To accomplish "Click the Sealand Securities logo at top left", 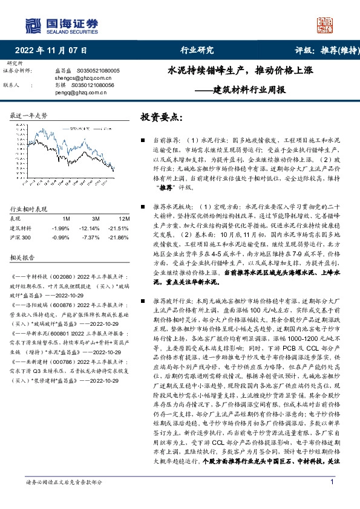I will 61,25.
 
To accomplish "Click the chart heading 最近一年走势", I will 29,115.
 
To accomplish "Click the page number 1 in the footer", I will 332,498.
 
